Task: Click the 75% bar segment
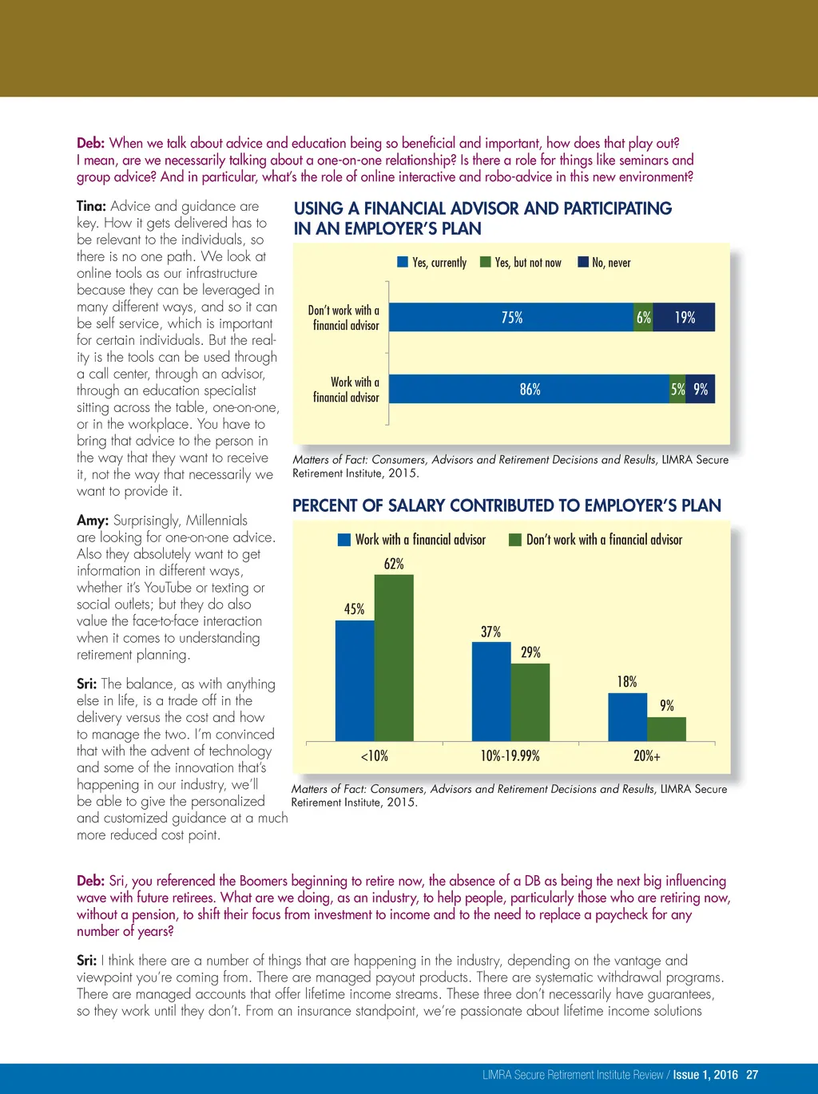tap(511, 317)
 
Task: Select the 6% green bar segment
tap(644, 317)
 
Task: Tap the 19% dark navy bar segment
tap(685, 317)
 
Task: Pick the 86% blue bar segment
tap(529, 389)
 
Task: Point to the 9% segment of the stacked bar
tap(701, 389)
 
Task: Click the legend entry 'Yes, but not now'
tap(520, 263)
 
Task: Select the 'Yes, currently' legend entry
tap(432, 263)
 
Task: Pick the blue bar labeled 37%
tap(491, 692)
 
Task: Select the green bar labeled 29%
tap(530, 702)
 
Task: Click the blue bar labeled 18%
tap(628, 717)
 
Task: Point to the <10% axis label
tap(375, 755)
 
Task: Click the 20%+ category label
tap(647, 755)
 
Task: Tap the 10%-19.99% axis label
tap(510, 755)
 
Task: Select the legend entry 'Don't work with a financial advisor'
tap(596, 540)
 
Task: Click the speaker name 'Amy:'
tap(93, 521)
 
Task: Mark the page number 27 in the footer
tap(752, 1075)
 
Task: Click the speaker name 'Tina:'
tap(92, 206)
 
